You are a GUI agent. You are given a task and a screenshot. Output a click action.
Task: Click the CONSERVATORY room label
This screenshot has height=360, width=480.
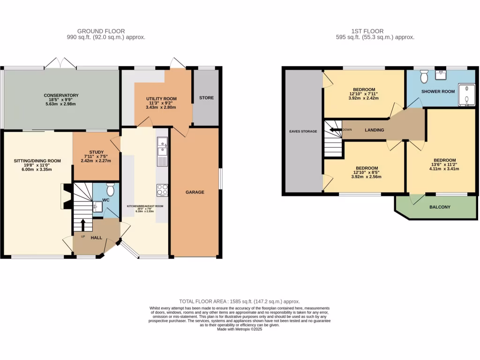[61, 95]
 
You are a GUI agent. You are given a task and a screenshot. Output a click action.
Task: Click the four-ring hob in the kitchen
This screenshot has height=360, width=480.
[162, 190]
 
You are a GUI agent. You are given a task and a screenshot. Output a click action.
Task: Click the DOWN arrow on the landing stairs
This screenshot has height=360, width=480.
[335, 130]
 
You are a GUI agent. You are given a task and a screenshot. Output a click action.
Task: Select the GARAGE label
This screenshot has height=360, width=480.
[195, 192]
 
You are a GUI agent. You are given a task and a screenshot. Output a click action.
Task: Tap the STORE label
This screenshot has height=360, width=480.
[206, 98]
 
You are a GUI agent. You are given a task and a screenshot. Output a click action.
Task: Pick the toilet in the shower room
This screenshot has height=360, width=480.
[424, 75]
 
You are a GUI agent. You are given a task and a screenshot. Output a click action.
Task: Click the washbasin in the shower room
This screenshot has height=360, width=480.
[440, 74]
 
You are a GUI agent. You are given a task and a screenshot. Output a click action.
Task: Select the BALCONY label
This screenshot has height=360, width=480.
[440, 207]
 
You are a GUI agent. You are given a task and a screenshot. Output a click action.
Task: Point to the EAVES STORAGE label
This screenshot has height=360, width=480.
[302, 131]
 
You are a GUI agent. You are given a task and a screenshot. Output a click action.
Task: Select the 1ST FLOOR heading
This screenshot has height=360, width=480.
[370, 31]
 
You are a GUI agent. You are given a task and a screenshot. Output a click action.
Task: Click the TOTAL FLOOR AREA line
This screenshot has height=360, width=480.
[240, 301]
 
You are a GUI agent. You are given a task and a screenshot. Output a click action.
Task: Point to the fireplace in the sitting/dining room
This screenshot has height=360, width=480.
[65, 196]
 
